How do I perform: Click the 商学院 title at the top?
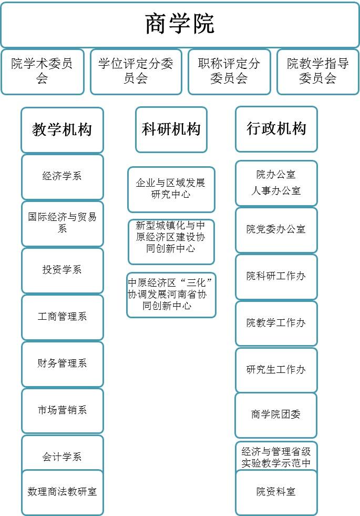click(180, 24)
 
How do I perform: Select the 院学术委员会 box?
click(43, 72)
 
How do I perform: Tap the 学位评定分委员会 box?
click(136, 72)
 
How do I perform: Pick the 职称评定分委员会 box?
click(229, 72)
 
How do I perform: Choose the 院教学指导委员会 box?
click(318, 72)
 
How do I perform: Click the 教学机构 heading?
click(62, 130)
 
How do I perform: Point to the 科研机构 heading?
click(171, 129)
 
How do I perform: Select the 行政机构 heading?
click(276, 129)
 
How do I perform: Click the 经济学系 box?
click(63, 177)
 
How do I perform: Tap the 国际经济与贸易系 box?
click(63, 224)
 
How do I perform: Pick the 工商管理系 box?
click(63, 317)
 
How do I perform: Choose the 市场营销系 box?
click(63, 410)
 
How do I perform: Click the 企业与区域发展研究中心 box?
click(171, 189)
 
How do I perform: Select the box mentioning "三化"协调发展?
click(171, 295)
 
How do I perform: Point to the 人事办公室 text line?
click(276, 190)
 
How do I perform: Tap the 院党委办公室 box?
click(276, 230)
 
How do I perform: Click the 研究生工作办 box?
click(276, 370)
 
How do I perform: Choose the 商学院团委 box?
click(276, 415)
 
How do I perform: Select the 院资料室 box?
click(276, 492)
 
